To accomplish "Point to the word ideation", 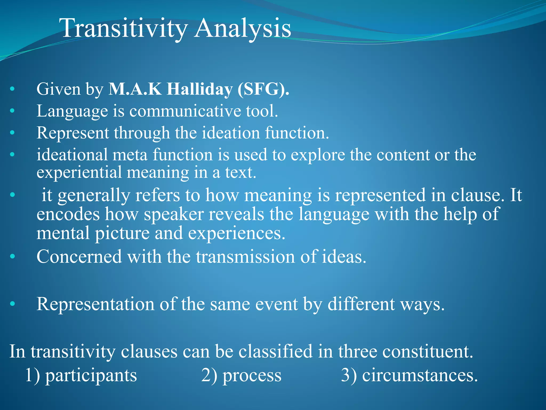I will tap(231, 133).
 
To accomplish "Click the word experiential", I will tap(79, 172).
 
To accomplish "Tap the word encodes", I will tap(68, 214).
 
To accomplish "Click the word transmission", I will tap(245, 257).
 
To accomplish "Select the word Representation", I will tap(95, 304).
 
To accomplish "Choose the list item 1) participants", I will tap(81, 375).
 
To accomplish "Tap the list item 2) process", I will tap(241, 375).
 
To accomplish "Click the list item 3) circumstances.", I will tap(409, 375).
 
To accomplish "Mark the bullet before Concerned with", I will tap(12, 257).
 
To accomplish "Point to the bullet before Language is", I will tap(12, 111).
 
